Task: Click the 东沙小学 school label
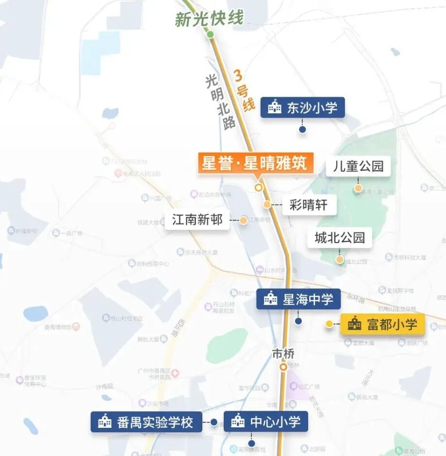302,107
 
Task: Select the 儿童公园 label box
358,167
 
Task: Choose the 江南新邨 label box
197,220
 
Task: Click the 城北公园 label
340,238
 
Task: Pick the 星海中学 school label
298,299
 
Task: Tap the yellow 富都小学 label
382,324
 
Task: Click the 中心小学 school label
265,421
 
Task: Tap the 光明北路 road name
220,101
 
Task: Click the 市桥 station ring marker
283,367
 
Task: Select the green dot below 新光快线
210,34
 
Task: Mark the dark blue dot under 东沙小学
302,130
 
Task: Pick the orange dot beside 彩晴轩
267,205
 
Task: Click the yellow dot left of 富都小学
329,324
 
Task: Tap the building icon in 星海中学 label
270,299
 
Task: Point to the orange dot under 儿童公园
358,188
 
